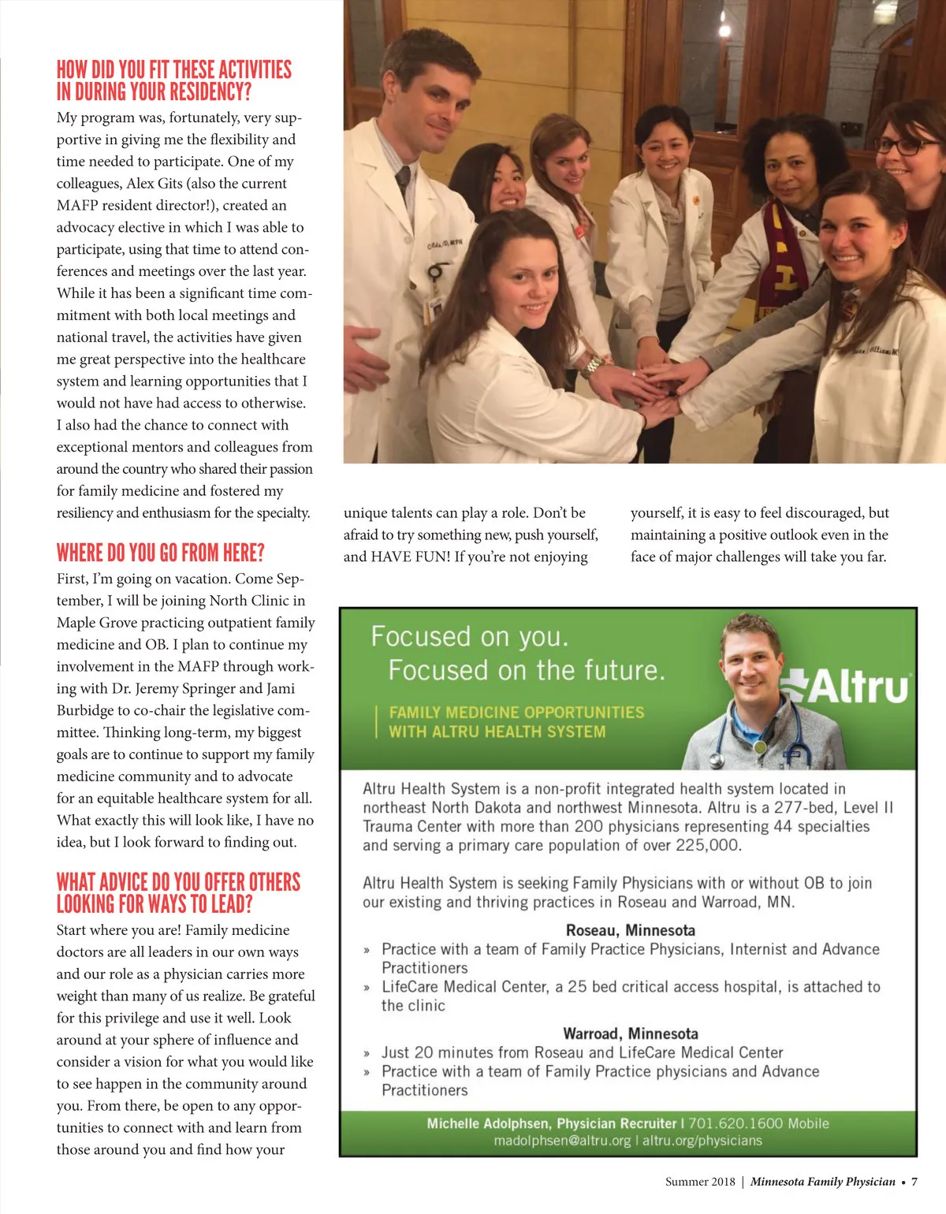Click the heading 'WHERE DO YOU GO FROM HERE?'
tap(160, 553)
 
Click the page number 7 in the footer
tap(914, 1182)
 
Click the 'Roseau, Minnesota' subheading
tap(630, 930)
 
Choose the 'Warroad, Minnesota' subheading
tap(630, 1033)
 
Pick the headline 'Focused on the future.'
tap(526, 670)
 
